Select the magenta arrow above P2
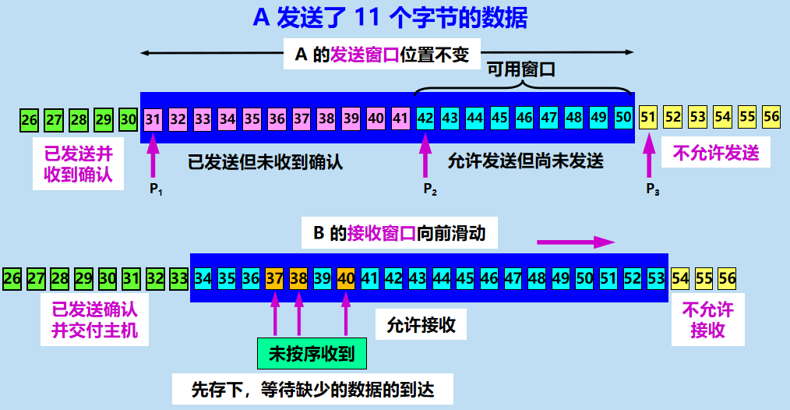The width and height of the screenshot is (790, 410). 425,156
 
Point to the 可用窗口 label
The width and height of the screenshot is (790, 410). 521,69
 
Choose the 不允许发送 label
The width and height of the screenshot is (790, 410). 715,153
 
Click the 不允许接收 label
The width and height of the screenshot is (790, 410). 708,320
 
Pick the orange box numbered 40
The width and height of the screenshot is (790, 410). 346,277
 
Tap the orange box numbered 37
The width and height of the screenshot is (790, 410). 274,277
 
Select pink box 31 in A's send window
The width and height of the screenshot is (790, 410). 153,118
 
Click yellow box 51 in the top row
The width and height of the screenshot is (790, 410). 647,118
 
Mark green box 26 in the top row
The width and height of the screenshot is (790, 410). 30,119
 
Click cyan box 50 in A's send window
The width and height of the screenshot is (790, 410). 622,118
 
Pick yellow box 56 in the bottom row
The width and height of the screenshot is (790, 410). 728,277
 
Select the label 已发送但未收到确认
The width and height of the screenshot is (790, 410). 266,162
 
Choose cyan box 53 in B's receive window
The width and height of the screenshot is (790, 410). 655,277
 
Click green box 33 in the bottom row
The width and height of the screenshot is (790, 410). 178,277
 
